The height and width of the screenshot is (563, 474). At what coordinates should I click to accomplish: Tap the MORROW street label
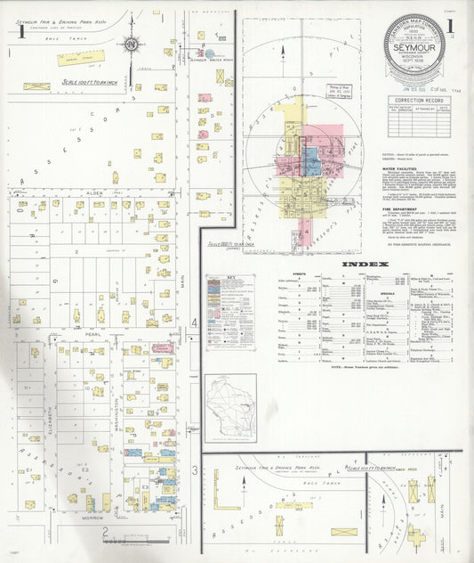(x=93, y=517)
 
